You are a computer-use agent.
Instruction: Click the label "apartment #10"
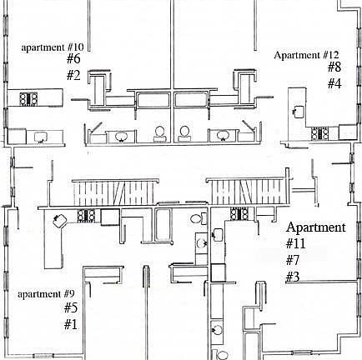[x=53, y=47]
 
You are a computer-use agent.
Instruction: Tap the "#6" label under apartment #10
[x=73, y=58]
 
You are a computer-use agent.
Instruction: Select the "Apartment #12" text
[x=306, y=55]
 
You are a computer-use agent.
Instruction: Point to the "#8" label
[x=334, y=67]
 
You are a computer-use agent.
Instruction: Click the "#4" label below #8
[x=334, y=83]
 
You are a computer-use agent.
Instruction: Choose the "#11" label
[x=296, y=243]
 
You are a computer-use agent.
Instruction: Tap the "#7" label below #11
[x=293, y=260]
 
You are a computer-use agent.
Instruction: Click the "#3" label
[x=293, y=277]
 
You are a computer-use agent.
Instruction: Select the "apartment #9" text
[x=46, y=294]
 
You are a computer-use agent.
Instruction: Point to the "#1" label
[x=71, y=324]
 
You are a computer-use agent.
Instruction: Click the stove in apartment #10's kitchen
[x=28, y=99]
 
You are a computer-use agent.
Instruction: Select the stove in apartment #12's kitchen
[x=319, y=134]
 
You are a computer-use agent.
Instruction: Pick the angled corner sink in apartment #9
[x=60, y=221]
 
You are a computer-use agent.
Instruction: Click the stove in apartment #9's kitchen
[x=86, y=216]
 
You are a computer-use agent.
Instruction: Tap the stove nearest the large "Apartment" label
[x=239, y=213]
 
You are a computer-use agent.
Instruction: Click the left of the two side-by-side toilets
[x=159, y=133]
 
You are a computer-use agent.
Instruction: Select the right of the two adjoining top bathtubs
[x=192, y=100]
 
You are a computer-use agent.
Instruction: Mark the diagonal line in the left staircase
[x=121, y=193]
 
